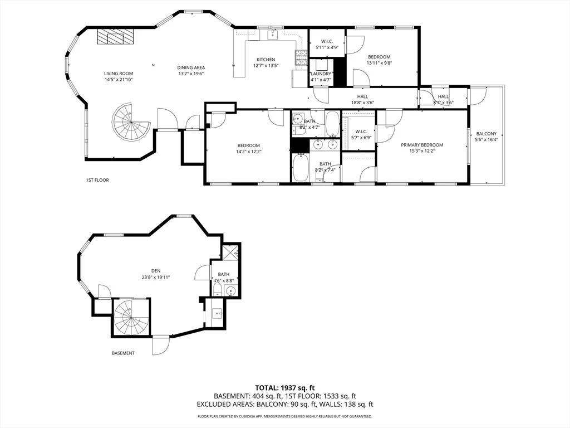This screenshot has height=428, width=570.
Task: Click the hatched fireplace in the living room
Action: point(116,37)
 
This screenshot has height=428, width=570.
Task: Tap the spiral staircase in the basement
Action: point(131,318)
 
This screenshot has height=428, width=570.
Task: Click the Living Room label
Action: point(119,73)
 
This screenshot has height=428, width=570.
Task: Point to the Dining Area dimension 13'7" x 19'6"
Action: point(191,74)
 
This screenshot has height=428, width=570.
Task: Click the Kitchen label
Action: point(266,60)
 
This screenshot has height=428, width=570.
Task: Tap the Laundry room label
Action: point(321,74)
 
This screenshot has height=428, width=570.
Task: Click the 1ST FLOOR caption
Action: point(97,180)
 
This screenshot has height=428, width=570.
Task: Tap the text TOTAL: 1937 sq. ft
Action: point(285,387)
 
